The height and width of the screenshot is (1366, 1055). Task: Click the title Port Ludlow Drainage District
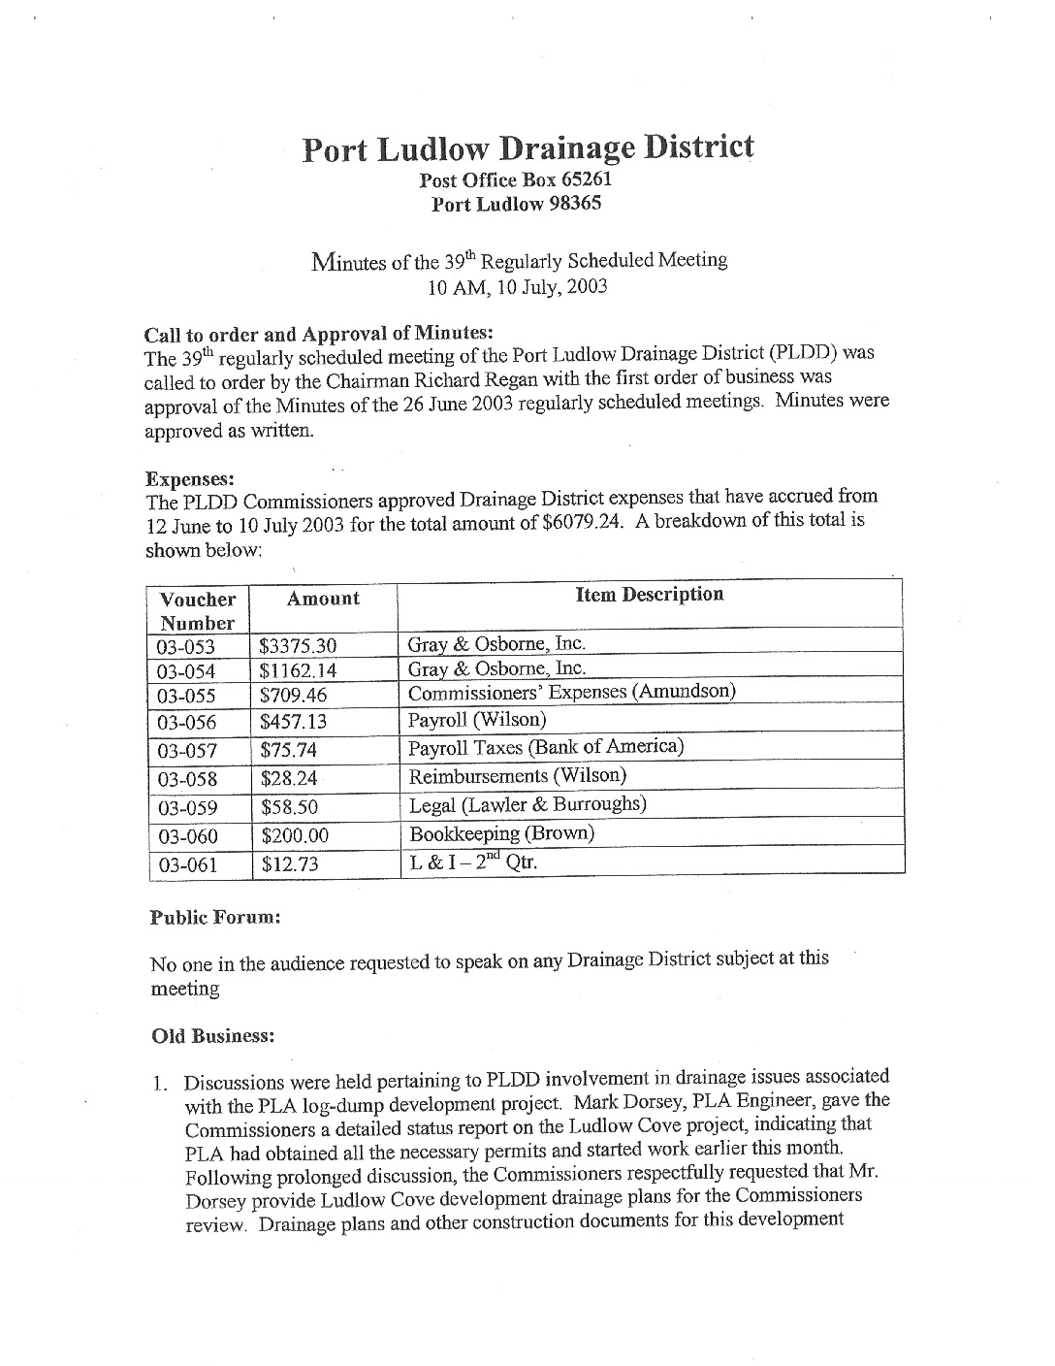527,148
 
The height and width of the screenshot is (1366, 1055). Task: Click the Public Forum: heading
215,917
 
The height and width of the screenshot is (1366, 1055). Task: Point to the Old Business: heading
213,1036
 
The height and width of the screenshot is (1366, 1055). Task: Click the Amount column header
323,599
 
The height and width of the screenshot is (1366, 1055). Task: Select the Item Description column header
650,594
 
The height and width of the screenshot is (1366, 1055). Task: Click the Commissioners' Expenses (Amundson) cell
571,693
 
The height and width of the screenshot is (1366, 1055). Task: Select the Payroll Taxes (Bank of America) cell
546,747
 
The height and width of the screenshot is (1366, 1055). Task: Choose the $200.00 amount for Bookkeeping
294,835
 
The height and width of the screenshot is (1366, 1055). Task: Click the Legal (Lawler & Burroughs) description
527,805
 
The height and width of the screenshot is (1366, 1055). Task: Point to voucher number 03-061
187,864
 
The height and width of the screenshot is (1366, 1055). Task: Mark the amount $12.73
289,864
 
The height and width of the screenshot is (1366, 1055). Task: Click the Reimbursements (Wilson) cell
518,776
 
